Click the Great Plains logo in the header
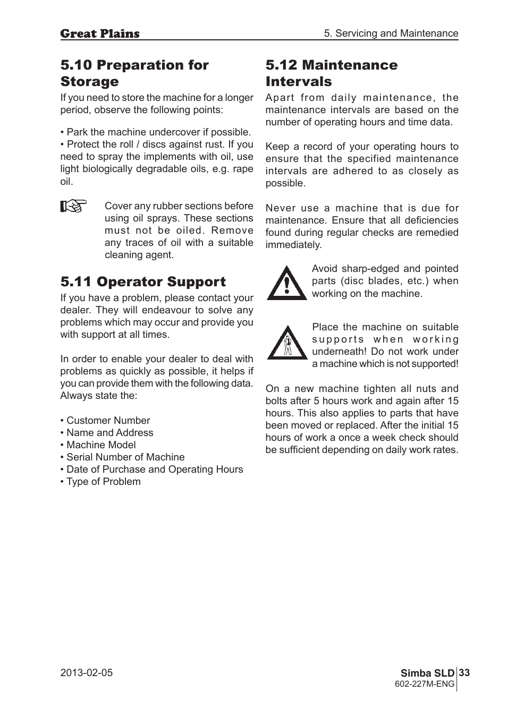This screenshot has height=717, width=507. [100, 33]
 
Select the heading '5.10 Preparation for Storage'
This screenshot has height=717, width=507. [134, 73]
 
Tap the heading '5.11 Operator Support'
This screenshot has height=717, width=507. [143, 281]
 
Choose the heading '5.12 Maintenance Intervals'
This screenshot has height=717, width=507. [331, 73]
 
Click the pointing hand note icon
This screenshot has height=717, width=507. [73, 206]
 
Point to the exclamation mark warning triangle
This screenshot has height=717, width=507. [286, 283]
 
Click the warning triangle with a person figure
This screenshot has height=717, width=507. [287, 343]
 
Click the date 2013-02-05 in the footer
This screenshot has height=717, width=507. [87, 672]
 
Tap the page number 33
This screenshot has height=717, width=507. [464, 673]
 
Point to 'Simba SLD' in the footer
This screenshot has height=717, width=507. [427, 673]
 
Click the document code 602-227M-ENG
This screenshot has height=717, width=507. [425, 684]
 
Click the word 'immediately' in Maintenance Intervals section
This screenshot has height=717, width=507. [293, 245]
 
